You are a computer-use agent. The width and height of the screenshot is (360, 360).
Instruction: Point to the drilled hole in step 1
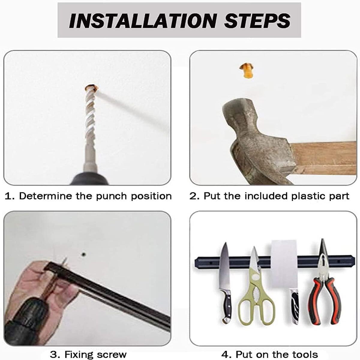pyautogui.click(x=91, y=88)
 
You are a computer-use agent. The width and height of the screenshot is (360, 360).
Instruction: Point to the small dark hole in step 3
pyautogui.click(x=83, y=254)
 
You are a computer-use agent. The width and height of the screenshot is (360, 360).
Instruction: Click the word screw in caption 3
pyautogui.click(x=111, y=354)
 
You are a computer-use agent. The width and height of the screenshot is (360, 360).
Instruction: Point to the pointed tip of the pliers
pyautogui.click(x=322, y=239)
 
